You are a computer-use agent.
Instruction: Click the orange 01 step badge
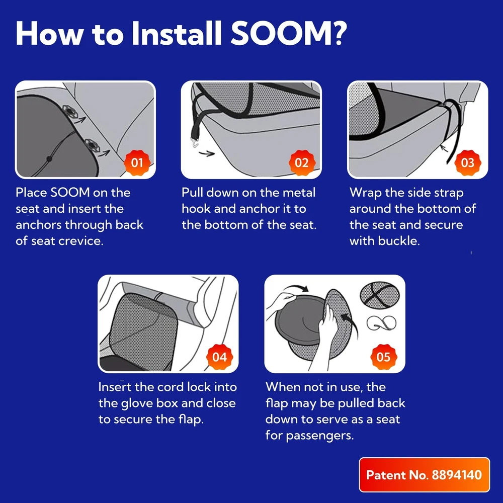[x=137, y=162]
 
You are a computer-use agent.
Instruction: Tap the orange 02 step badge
[x=301, y=162]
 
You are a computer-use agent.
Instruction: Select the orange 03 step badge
[x=467, y=162]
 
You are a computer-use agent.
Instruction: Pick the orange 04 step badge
[x=219, y=357]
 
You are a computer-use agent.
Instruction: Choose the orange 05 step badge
[x=384, y=357]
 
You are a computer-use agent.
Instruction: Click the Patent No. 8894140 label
[x=424, y=475]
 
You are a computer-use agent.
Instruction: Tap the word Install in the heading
[x=177, y=33]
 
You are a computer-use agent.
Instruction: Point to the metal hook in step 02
[x=195, y=141]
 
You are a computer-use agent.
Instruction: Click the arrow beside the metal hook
[x=207, y=153]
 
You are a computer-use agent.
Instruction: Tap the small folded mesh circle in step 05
[x=380, y=295]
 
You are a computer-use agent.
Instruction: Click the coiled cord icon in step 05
[x=381, y=323]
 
